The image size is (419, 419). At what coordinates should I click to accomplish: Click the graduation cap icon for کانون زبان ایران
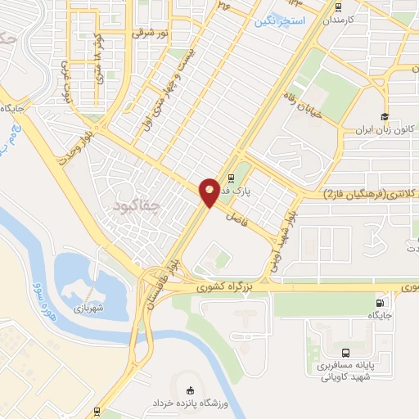pyautogui.click(x=383, y=116)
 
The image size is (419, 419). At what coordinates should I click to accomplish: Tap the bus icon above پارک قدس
pyautogui.click(x=231, y=176)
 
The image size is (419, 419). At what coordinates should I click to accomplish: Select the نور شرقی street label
pyautogui.click(x=151, y=33)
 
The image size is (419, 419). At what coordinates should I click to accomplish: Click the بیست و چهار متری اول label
pyautogui.click(x=179, y=81)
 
